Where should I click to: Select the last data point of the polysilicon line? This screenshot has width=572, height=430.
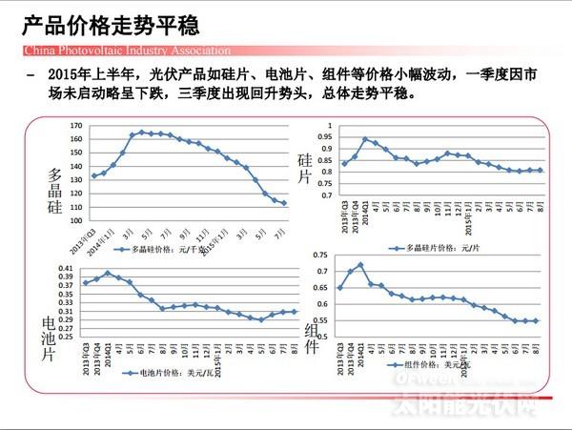click(284, 203)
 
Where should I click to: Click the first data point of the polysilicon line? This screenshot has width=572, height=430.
click(93, 175)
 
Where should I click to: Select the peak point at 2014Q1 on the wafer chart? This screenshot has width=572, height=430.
click(365, 139)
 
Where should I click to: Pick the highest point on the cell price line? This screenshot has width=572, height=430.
click(108, 274)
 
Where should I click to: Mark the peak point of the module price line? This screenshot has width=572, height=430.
click(360, 265)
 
